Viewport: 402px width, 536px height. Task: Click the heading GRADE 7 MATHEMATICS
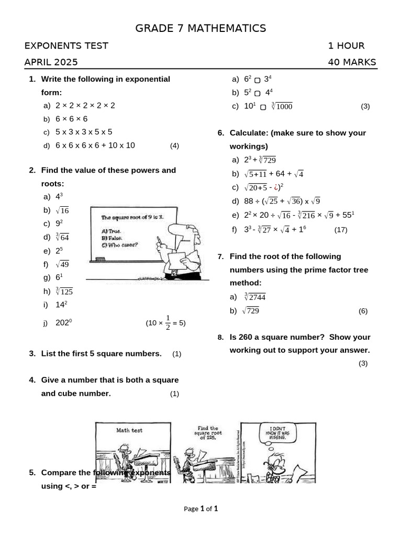(x=200, y=28)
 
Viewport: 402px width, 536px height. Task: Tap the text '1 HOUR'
(x=346, y=46)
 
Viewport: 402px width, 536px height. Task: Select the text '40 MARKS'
(x=352, y=62)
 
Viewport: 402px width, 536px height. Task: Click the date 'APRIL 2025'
(x=51, y=62)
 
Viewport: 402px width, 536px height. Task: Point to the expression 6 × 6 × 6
(x=72, y=119)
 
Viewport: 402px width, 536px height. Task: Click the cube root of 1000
(x=282, y=106)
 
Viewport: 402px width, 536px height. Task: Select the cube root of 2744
(x=255, y=297)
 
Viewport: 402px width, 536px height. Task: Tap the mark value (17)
(x=341, y=229)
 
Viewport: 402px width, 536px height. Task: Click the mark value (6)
(x=363, y=311)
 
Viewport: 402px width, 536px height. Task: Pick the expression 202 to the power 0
(x=63, y=323)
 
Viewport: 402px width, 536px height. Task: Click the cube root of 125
(x=64, y=292)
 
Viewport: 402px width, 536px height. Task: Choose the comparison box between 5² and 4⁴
(x=257, y=93)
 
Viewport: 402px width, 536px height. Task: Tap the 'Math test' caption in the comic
(x=129, y=430)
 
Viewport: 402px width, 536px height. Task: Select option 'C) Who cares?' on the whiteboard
(x=120, y=244)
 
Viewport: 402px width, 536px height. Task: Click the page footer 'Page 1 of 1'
(x=200, y=508)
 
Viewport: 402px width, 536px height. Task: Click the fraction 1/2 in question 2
(x=168, y=322)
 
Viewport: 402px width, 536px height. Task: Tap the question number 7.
(x=221, y=256)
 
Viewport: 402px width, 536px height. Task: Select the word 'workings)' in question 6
(x=249, y=146)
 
